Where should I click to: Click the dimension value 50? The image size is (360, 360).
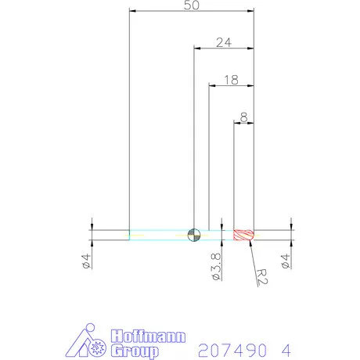point(192,5)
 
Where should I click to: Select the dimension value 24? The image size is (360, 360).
point(223,43)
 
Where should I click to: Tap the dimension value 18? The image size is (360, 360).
point(231,79)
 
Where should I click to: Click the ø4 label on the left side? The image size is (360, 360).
point(85,263)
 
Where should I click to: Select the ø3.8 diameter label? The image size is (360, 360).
point(216,265)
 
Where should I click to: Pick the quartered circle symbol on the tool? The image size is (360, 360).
point(194,233)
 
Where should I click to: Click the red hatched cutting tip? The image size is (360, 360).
point(244,234)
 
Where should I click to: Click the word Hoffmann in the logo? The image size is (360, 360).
point(149,336)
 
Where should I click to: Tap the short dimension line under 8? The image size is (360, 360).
point(244,123)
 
